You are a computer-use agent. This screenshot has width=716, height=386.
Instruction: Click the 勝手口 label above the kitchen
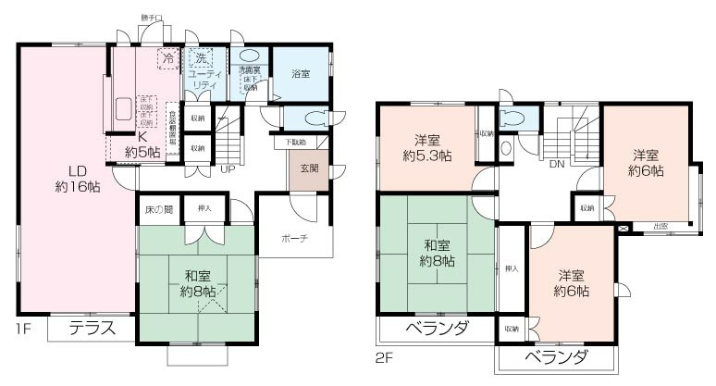[151, 18]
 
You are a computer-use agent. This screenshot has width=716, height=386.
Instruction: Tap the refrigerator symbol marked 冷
[168, 58]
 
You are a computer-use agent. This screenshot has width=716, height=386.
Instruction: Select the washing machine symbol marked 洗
[200, 58]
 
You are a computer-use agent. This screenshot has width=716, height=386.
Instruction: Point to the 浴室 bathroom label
[301, 74]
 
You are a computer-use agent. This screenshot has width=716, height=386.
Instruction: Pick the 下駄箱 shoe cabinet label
[295, 142]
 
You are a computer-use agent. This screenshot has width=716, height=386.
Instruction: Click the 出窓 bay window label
[660, 226]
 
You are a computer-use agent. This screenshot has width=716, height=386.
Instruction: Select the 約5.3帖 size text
[426, 156]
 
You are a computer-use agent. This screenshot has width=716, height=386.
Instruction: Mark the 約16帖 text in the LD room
[76, 186]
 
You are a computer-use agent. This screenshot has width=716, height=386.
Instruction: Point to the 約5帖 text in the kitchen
[145, 152]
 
